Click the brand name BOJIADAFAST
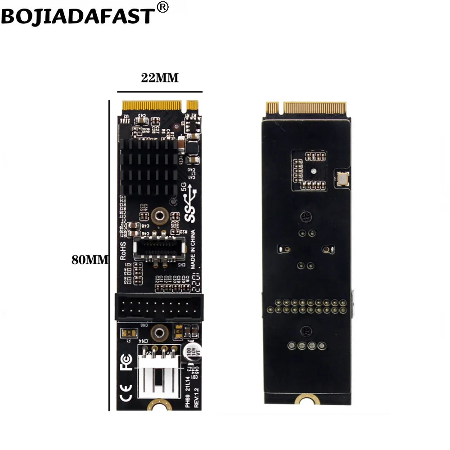click(x=77, y=16)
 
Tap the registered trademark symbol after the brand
click(x=163, y=7)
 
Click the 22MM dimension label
click(x=160, y=78)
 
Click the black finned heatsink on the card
click(x=149, y=167)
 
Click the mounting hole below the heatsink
click(x=158, y=215)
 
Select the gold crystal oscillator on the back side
click(x=342, y=179)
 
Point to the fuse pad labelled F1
click(x=128, y=333)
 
